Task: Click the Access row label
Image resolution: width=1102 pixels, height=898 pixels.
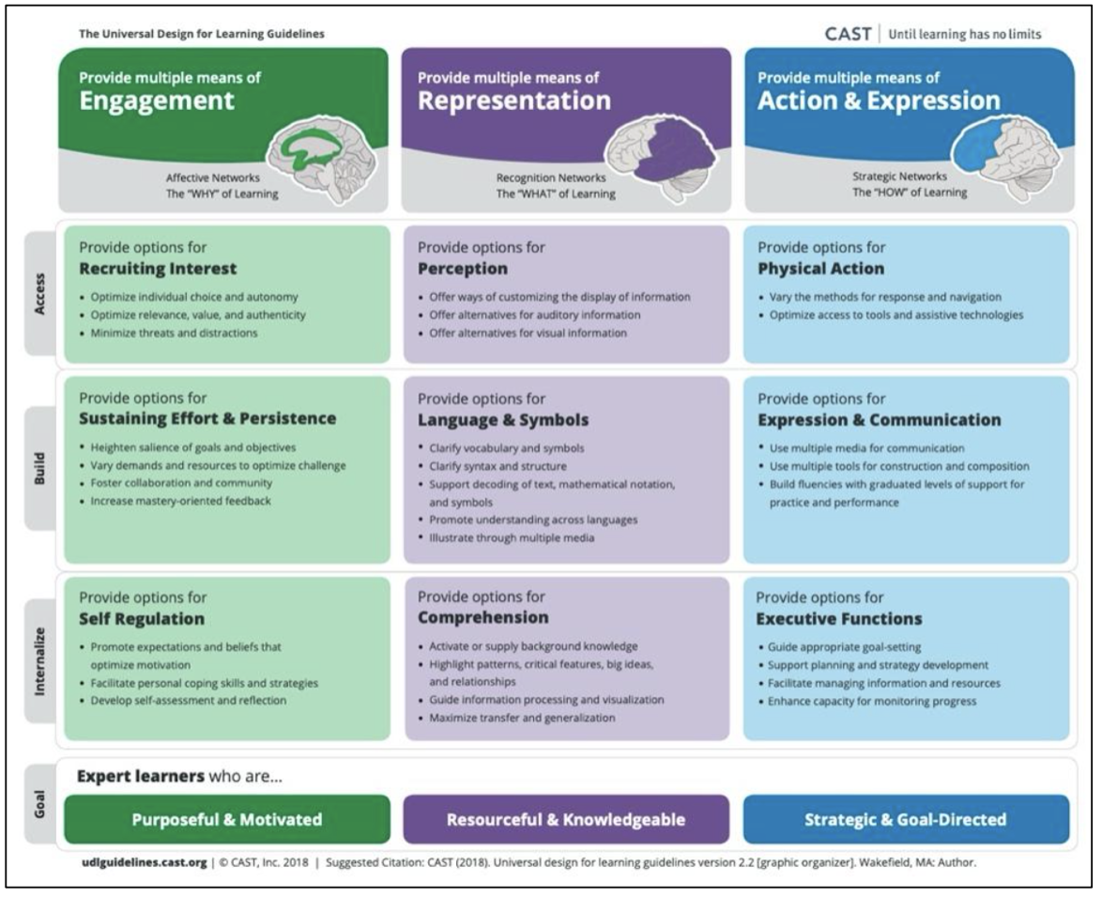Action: (x=38, y=290)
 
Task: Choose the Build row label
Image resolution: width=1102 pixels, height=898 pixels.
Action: (x=38, y=467)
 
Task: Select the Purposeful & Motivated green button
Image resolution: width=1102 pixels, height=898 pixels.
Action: (x=226, y=819)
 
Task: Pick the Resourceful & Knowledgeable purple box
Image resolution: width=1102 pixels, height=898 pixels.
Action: (x=566, y=819)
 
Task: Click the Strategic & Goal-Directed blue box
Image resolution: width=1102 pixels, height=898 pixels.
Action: (x=906, y=819)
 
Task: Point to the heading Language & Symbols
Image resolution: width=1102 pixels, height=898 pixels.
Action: (x=503, y=420)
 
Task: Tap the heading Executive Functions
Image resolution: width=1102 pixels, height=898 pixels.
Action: (x=839, y=619)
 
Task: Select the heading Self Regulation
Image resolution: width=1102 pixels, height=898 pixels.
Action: (x=141, y=619)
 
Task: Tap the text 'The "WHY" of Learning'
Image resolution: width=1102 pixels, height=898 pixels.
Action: (x=222, y=194)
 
